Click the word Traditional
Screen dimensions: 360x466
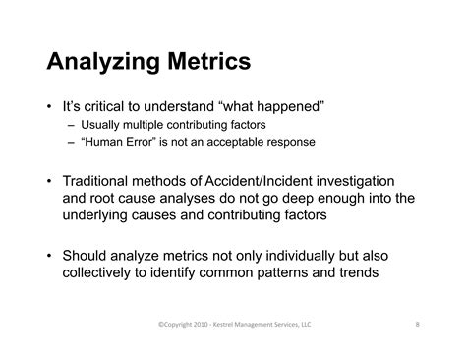pyautogui.click(x=107, y=181)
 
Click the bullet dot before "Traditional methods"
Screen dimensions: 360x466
pyautogui.click(x=50, y=181)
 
